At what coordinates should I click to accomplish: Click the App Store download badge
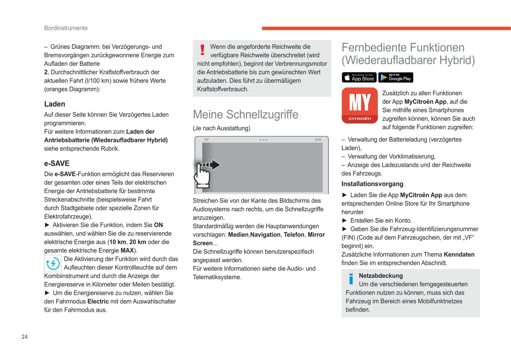point(359,77)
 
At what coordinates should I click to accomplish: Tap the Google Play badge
point(395,77)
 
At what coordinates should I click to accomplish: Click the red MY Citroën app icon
point(360,105)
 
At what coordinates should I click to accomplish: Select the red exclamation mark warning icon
point(202,50)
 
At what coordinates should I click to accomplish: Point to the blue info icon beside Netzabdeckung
point(351,279)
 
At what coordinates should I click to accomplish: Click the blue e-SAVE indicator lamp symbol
point(53,263)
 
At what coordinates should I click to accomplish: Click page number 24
point(24,337)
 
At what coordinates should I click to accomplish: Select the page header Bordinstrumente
point(66,28)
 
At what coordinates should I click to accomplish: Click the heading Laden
point(54,104)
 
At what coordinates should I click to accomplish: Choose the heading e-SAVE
point(57,163)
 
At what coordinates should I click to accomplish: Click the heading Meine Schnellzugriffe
point(245,114)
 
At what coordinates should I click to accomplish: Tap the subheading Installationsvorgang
point(372,184)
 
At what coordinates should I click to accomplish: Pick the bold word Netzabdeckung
point(381,276)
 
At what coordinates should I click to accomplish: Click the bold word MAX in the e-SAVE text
point(127,250)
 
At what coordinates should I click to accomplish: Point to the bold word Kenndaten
point(459,254)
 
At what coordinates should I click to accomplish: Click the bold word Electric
point(98,301)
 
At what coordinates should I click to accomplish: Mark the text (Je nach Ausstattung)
point(221,128)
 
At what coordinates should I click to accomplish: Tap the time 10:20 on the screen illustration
point(318,140)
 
